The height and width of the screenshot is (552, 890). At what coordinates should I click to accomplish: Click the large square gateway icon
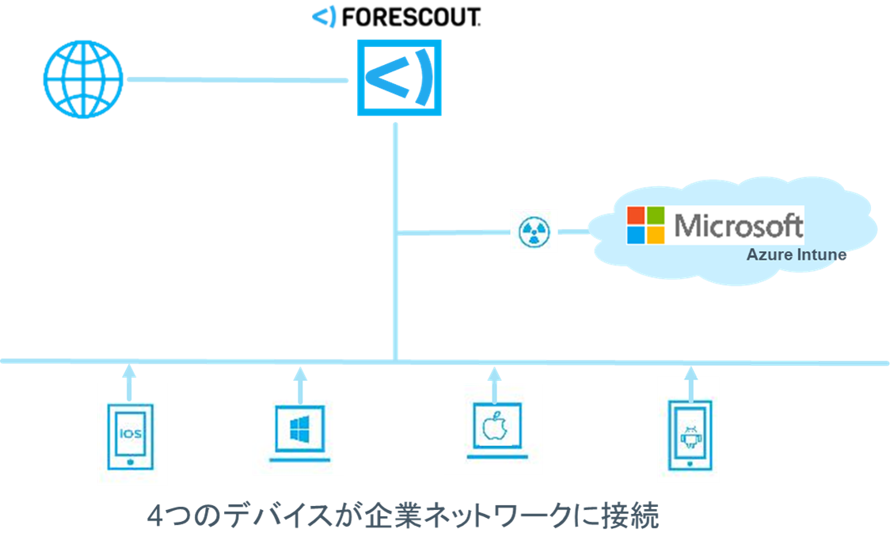point(398,77)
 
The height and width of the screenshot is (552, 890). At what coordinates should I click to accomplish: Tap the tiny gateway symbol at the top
point(325,16)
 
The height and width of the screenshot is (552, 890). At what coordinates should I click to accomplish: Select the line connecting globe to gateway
point(238,80)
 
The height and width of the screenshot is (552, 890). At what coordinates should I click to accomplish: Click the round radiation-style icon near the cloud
point(534,231)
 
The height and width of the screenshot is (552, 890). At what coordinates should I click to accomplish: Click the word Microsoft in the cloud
point(738,226)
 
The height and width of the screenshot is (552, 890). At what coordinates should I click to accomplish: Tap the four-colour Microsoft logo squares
point(646,226)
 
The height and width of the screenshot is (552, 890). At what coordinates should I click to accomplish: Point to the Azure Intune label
point(796,256)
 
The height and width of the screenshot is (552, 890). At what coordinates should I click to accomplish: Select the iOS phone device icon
point(131,436)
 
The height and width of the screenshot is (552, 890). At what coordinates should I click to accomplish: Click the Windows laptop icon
point(299,432)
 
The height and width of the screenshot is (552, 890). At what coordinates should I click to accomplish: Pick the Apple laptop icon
point(493,432)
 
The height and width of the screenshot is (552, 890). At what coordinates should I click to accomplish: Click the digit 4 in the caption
point(156,517)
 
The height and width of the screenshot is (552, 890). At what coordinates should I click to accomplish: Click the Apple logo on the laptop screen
point(493,428)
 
